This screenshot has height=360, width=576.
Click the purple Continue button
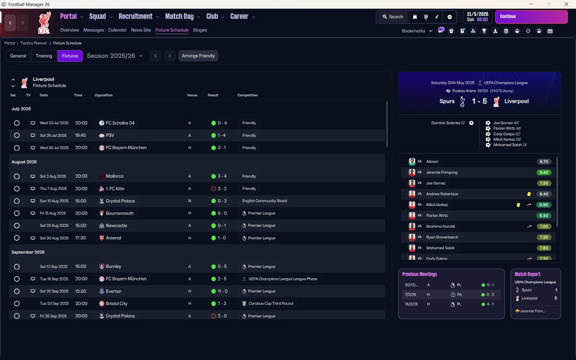pos(531,17)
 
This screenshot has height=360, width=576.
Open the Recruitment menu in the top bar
pos(135,17)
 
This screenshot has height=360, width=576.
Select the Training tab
pos(44,56)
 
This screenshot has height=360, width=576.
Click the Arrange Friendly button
pos(198,56)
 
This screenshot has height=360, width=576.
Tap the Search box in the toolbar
pos(392,17)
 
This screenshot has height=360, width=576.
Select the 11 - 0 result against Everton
pos(222,291)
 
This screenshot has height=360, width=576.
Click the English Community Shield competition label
pos(265,201)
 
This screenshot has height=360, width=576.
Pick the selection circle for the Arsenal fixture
pos(17,238)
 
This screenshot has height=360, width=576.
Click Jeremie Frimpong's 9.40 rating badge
pos(544,172)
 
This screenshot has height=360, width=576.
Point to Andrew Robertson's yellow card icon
pos(529,194)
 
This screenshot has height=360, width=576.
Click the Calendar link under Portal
pos(117,30)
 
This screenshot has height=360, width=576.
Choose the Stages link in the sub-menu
pos(200,30)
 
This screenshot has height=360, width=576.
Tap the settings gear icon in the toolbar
pos(449,17)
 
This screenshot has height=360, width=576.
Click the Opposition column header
pos(103,95)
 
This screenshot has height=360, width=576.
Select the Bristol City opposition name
pos(117,304)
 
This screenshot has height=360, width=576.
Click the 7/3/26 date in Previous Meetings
pos(410,295)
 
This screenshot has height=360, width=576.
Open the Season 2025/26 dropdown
pos(115,56)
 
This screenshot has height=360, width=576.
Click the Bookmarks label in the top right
pos(414,31)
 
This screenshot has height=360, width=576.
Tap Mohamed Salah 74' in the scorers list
pos(510,145)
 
